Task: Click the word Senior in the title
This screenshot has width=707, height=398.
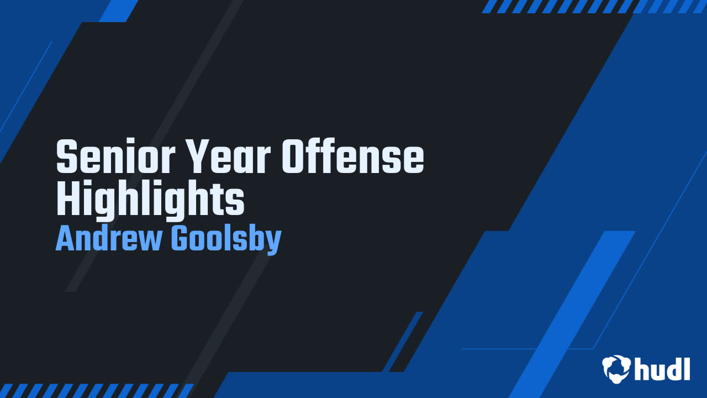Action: [x=115, y=156]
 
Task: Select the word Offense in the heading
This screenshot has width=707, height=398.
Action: [x=352, y=156]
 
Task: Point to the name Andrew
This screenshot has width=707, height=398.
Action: [x=109, y=239]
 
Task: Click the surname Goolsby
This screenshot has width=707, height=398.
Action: [x=226, y=240]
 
